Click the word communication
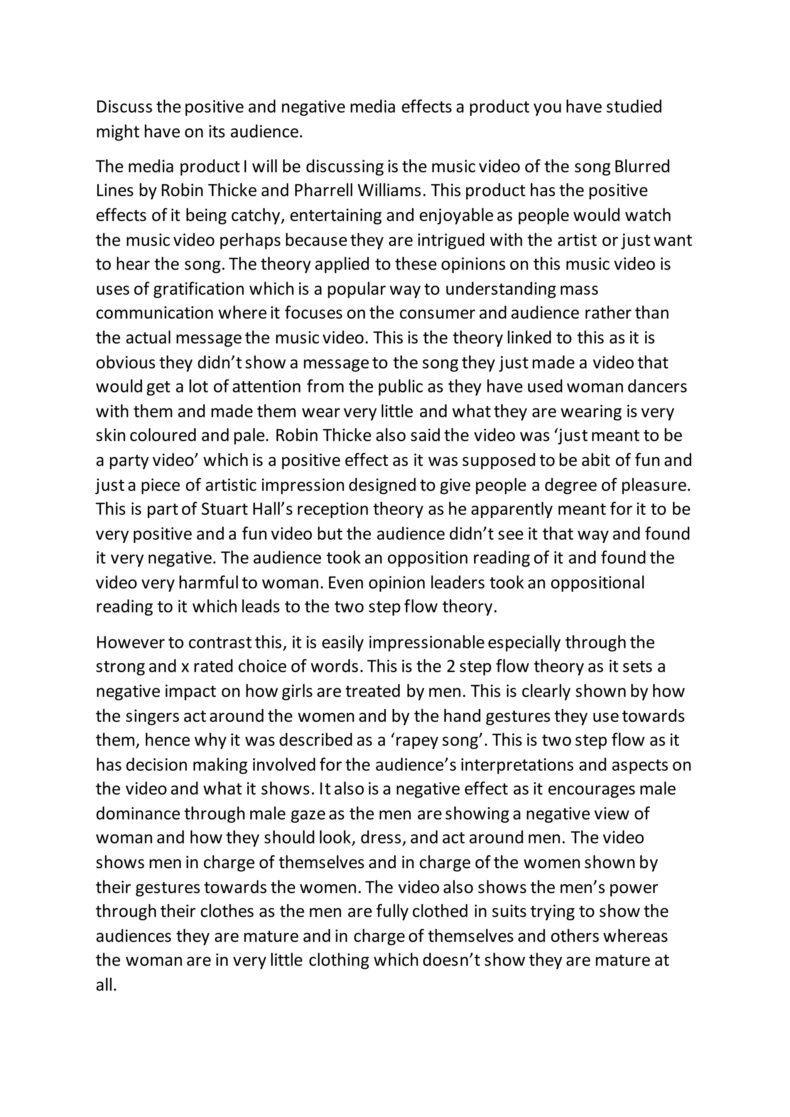click(155, 313)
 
